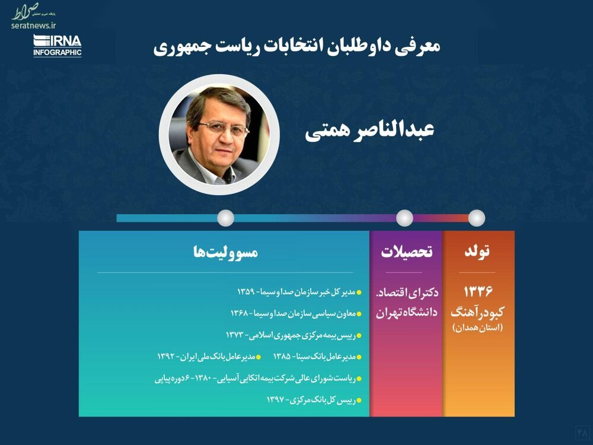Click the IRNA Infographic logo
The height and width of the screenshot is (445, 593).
(58, 46)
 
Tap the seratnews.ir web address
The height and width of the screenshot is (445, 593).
(34, 26)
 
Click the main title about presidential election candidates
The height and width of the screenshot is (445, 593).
(296, 47)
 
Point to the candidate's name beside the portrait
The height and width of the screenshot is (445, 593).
(369, 131)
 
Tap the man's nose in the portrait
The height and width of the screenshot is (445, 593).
(227, 139)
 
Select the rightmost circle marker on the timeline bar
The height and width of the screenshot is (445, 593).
(477, 218)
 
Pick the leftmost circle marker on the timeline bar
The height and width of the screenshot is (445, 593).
(226, 218)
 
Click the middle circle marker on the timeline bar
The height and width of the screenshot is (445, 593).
(404, 218)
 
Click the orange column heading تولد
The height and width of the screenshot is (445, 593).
(477, 251)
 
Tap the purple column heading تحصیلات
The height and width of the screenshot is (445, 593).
(407, 252)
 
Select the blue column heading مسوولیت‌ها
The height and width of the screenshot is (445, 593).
(226, 252)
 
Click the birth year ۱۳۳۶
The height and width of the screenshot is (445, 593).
(478, 291)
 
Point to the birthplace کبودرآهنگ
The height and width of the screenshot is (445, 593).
(477, 313)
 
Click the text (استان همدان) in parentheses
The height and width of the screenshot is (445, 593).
(477, 328)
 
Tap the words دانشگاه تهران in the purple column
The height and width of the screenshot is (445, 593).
(407, 312)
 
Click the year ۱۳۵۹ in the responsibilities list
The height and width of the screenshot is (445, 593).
(247, 292)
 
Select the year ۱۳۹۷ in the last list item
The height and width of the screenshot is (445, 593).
(275, 400)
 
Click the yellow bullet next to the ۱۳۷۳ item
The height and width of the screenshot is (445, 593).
(359, 336)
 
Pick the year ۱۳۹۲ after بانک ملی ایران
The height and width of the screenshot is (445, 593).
(167, 357)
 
